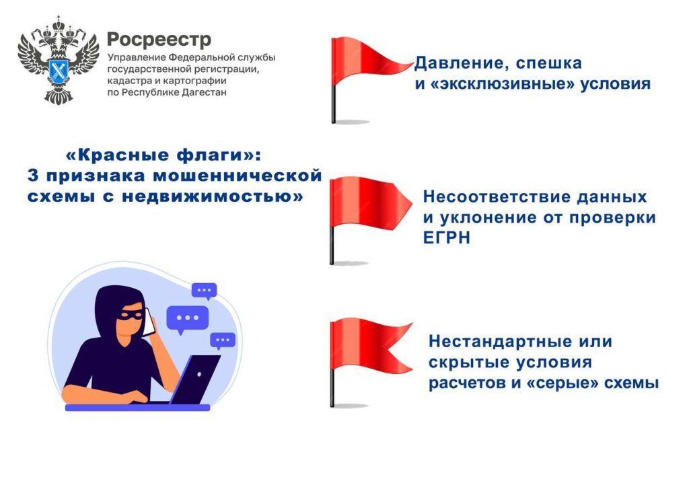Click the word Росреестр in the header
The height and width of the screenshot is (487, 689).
[159, 40]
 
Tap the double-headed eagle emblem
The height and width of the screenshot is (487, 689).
[59, 60]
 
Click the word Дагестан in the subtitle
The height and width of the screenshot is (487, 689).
[205, 92]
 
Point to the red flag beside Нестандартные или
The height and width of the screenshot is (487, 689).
[370, 363]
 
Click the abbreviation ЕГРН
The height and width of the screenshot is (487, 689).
[447, 237]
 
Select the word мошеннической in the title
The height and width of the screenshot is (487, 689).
[238, 176]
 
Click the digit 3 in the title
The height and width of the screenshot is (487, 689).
[33, 176]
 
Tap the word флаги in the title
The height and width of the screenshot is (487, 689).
[207, 155]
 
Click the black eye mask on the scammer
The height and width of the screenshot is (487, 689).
[130, 315]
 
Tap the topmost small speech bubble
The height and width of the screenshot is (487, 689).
[205, 291]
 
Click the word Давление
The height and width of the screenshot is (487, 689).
[461, 63]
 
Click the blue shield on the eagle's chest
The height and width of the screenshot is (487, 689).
[58, 69]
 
